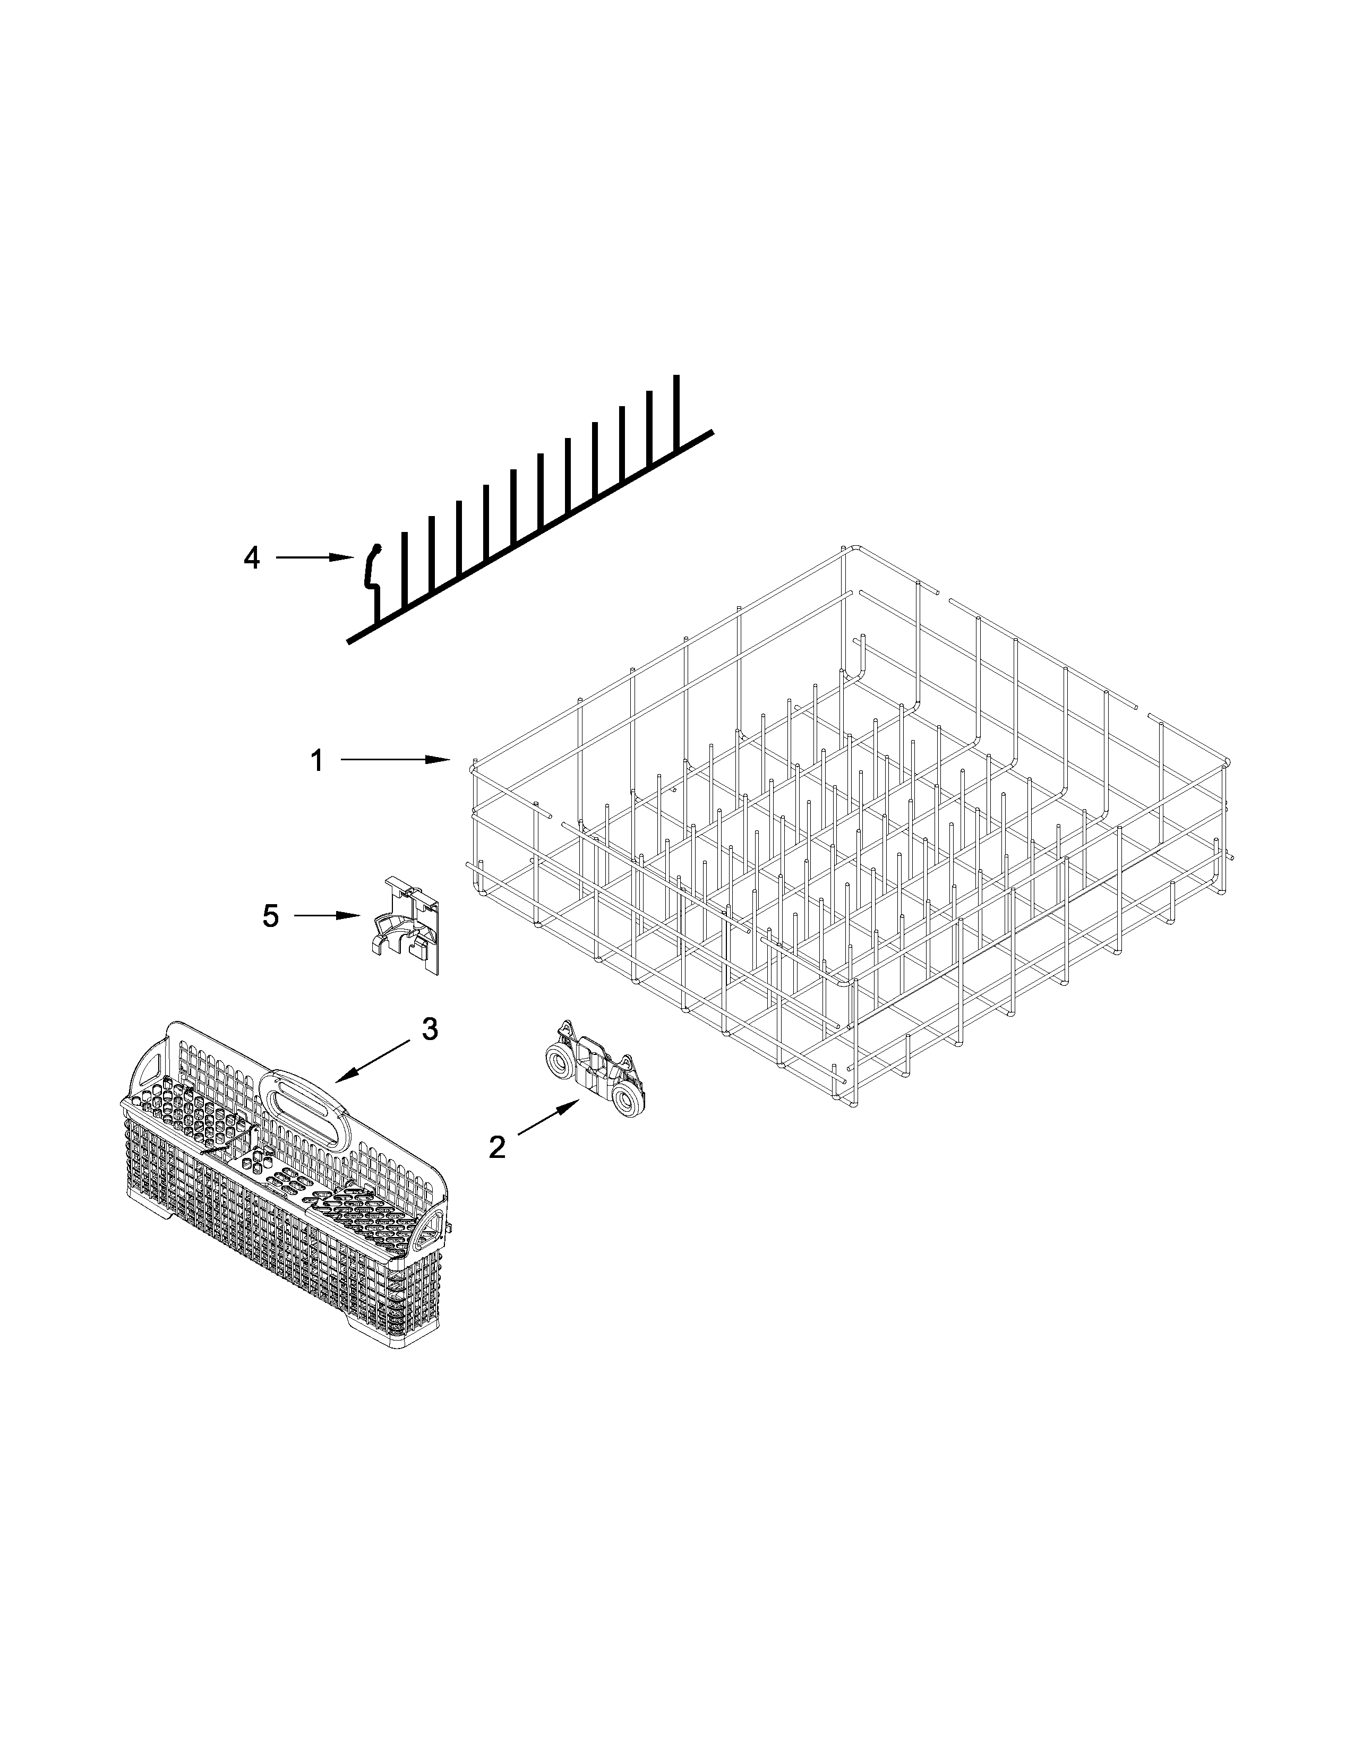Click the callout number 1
click(x=318, y=760)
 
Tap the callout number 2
click(x=498, y=1148)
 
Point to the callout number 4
click(x=252, y=557)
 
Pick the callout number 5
click(x=271, y=915)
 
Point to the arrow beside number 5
click(x=325, y=915)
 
